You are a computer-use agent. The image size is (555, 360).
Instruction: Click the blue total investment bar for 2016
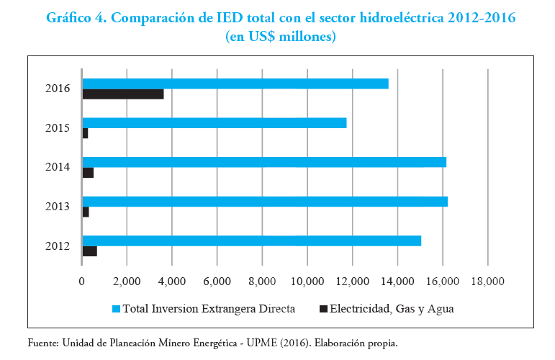pyautogui.click(x=235, y=84)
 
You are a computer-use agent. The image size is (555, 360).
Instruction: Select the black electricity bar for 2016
pyautogui.click(x=123, y=94)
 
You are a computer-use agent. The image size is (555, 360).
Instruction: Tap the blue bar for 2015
pyautogui.click(x=215, y=123)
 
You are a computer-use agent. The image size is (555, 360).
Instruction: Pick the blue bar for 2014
pyautogui.click(x=264, y=162)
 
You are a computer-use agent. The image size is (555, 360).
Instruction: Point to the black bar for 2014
pyautogui.click(x=89, y=173)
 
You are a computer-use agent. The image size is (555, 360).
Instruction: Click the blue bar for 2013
pyautogui.click(x=265, y=202)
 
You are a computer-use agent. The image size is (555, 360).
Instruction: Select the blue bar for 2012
pyautogui.click(x=252, y=240)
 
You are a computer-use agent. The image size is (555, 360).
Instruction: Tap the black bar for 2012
pyautogui.click(x=90, y=251)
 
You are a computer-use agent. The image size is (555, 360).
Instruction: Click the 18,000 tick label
pyautogui.click(x=487, y=282)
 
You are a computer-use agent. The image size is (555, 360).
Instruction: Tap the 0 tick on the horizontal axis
pyautogui.click(x=82, y=282)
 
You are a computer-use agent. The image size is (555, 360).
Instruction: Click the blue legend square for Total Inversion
pyautogui.click(x=116, y=310)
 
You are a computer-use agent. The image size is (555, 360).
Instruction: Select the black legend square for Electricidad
pyautogui.click(x=323, y=310)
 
